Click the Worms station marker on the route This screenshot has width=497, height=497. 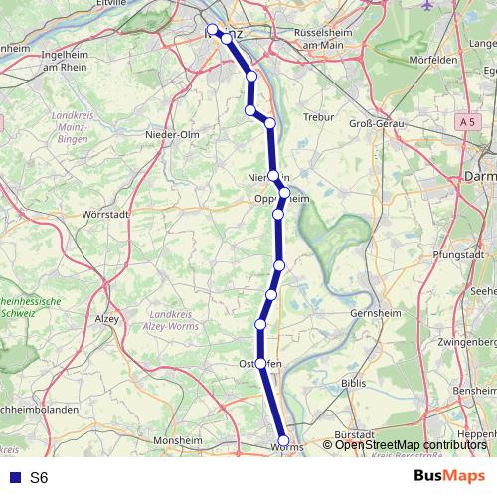pos(283,440)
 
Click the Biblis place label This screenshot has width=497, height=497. pos(355,383)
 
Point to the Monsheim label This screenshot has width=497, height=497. pos(179,438)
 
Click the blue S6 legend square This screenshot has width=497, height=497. pos(13,477)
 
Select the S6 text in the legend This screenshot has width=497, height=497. pos(39,477)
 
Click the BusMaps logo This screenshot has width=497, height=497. pos(449,476)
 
